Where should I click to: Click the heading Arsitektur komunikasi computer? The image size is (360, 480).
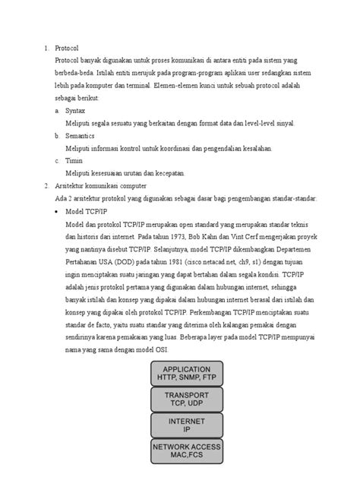point(106,185)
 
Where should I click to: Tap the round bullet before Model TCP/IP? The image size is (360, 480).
point(58,210)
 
